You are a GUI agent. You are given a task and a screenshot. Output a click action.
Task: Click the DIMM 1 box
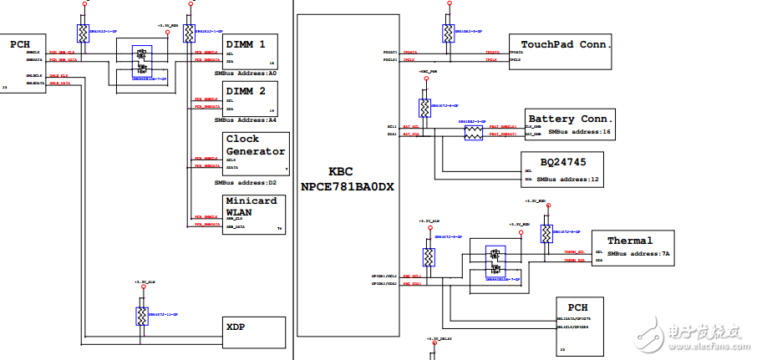(x=251, y=50)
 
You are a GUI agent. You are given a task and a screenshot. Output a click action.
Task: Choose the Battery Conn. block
(x=570, y=123)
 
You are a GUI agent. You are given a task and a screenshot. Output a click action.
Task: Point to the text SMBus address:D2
(x=246, y=182)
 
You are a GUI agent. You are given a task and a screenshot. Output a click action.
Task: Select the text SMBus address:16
(x=579, y=132)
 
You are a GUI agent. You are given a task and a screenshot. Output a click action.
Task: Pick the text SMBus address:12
(x=568, y=179)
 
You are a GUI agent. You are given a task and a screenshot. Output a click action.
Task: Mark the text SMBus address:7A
(x=639, y=253)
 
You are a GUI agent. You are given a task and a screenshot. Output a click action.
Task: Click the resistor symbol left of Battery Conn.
(x=474, y=132)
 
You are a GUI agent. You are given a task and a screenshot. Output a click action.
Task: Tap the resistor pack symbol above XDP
(x=141, y=316)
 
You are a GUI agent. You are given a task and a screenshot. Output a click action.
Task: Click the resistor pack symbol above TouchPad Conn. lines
(x=449, y=33)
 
